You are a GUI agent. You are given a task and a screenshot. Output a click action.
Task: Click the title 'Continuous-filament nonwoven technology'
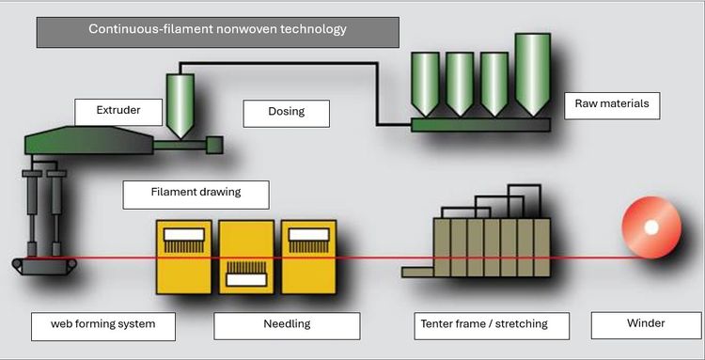(x=217, y=30)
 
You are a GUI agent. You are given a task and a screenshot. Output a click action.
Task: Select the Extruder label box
(x=118, y=111)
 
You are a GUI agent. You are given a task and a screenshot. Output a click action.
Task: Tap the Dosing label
(x=286, y=112)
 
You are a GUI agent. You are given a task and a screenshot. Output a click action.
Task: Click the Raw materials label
(x=611, y=104)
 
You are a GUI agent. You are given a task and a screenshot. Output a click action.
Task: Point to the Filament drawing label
(x=196, y=193)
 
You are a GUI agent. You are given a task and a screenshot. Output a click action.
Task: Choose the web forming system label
(x=102, y=324)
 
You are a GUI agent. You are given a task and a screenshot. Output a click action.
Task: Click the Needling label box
(x=287, y=324)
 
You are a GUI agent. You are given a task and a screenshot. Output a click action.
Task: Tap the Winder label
(x=645, y=324)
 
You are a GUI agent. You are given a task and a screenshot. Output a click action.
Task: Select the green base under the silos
(x=480, y=123)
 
